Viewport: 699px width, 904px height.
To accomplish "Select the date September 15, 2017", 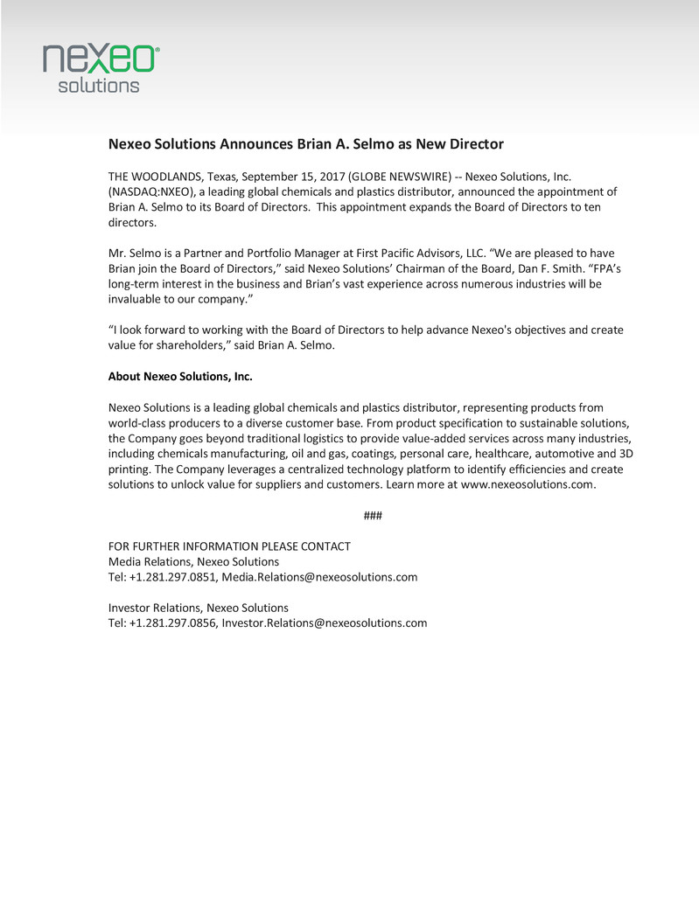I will pos(293,177).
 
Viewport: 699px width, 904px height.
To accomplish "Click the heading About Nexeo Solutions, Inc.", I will pos(179,377).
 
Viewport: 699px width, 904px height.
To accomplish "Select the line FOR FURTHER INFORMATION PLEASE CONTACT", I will pos(229,546).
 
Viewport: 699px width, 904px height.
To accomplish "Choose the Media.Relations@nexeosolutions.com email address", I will pos(319,577).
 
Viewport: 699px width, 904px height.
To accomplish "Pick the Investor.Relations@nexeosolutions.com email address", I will pos(325,622).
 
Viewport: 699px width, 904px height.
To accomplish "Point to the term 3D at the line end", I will pos(626,454).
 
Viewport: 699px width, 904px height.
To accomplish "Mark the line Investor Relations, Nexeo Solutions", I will pos(198,608).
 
